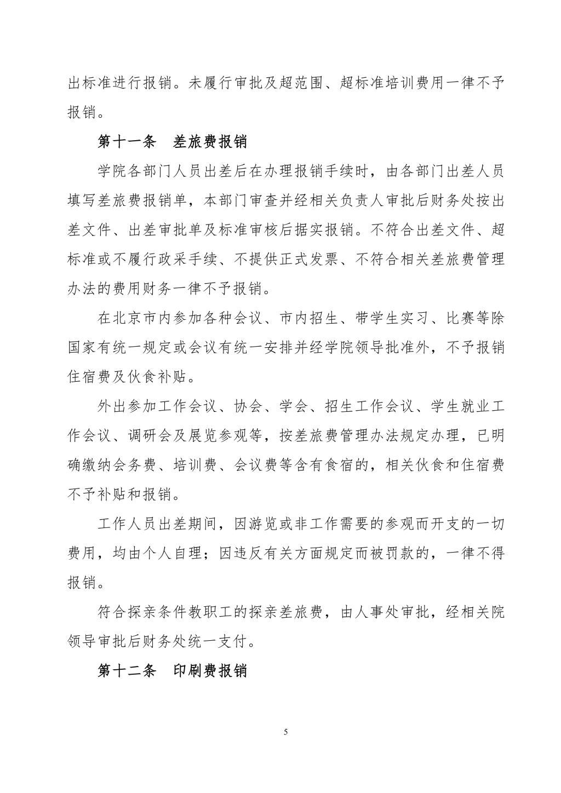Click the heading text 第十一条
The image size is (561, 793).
127,142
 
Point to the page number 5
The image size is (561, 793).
285,732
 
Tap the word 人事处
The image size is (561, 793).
376,612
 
